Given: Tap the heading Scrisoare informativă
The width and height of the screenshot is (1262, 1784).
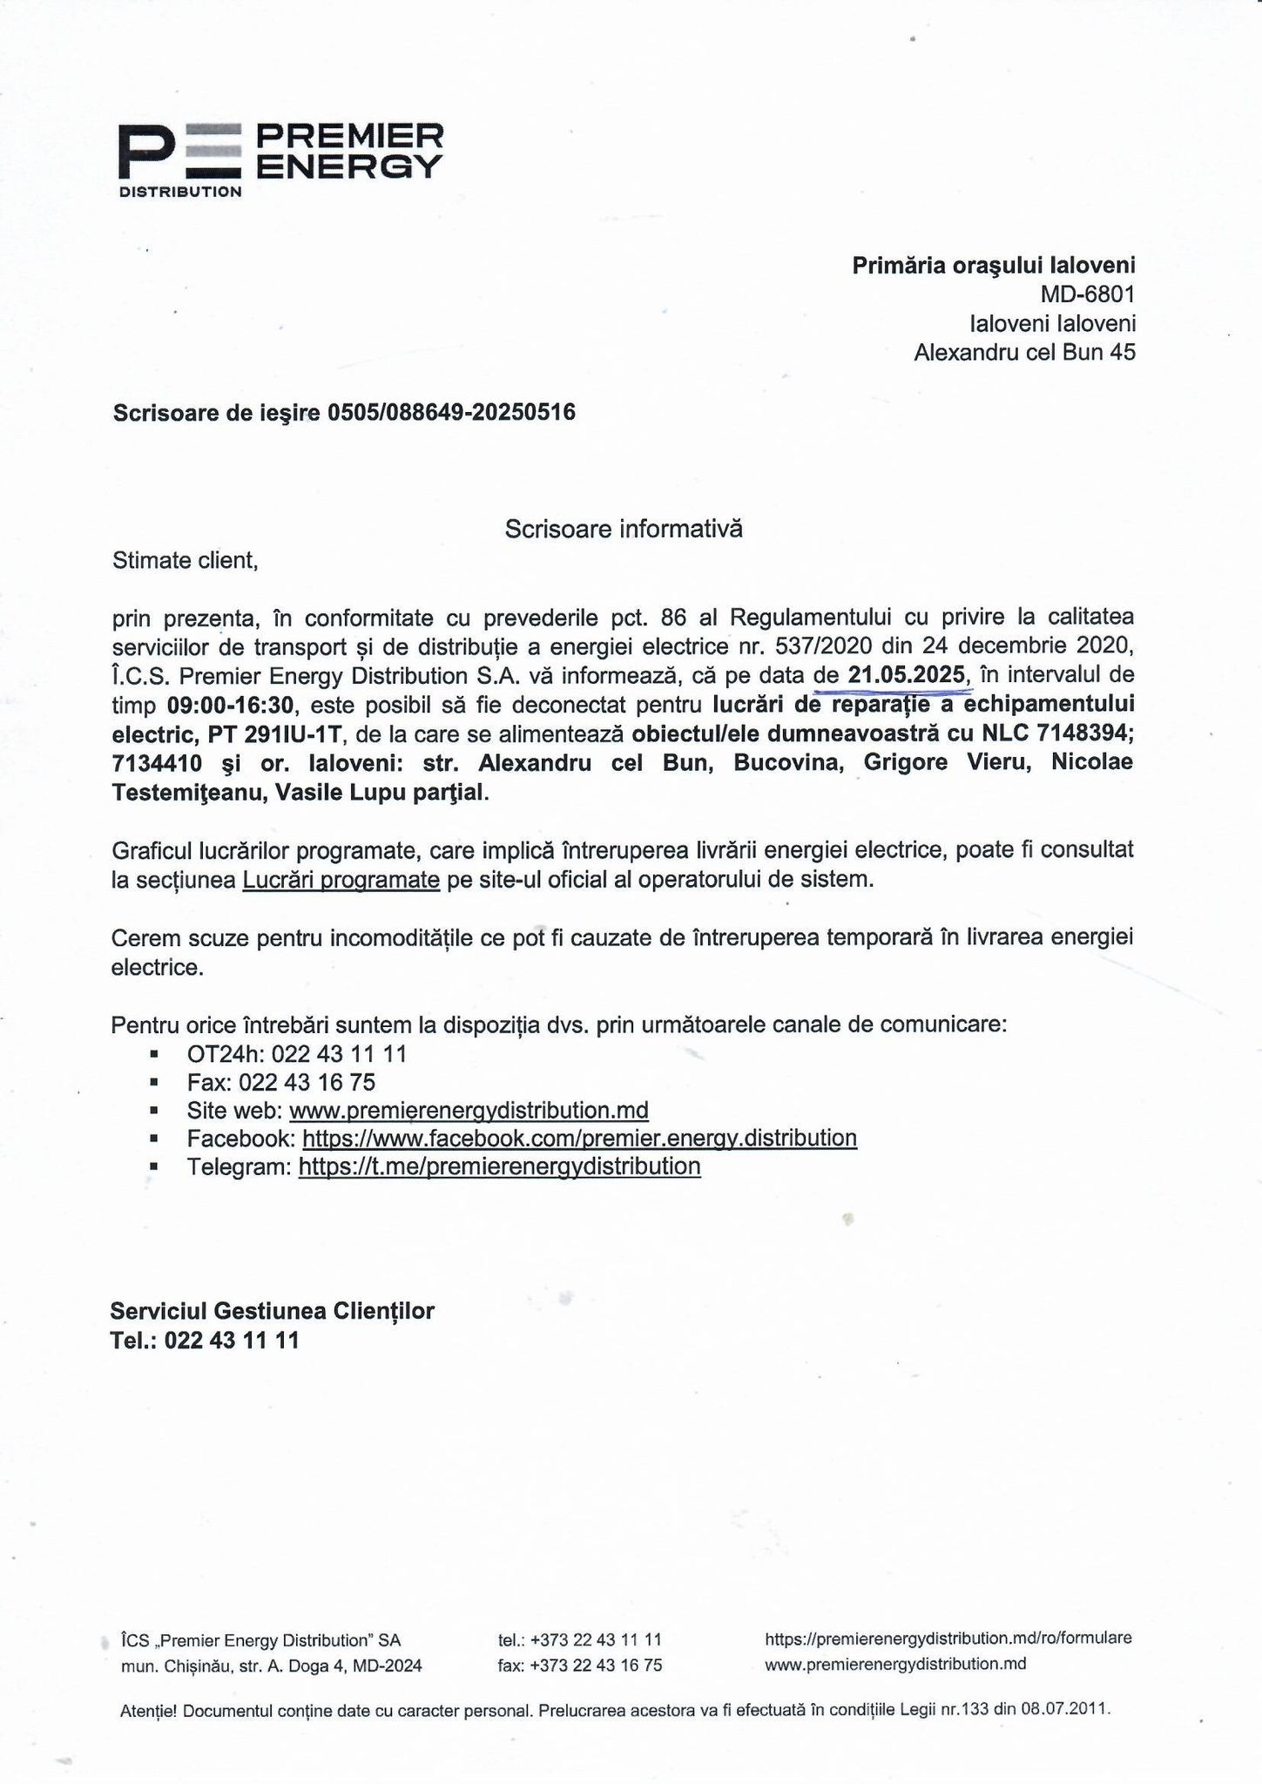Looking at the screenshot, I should (624, 529).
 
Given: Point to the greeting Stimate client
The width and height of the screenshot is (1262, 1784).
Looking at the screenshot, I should (186, 560).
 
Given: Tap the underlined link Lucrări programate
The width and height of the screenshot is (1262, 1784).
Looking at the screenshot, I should (341, 880).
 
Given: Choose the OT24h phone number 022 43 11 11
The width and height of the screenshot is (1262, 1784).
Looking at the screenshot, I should (339, 1054).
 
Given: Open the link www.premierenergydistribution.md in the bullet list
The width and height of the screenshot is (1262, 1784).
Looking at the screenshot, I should (469, 1111).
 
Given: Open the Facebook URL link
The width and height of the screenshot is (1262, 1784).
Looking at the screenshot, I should (579, 1139).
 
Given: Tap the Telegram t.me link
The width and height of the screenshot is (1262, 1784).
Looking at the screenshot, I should (499, 1166).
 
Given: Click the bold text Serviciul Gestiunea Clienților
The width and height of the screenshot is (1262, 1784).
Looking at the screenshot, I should (272, 1311).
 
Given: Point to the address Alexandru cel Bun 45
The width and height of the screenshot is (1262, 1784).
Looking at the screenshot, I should (1024, 352).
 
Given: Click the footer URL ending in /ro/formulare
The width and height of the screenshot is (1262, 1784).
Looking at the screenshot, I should (948, 1639).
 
